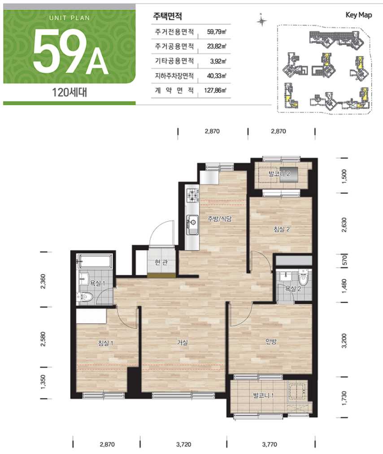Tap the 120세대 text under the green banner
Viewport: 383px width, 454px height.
click(x=70, y=92)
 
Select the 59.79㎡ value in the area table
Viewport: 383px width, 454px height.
click(x=216, y=32)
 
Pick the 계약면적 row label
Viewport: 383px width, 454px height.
click(x=174, y=90)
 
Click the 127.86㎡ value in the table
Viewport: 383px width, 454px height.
click(x=215, y=90)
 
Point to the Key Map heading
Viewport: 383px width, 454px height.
click(x=359, y=15)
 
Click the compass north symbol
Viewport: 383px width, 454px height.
click(x=262, y=20)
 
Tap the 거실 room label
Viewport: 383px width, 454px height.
click(x=183, y=343)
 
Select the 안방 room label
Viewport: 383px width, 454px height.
click(x=271, y=341)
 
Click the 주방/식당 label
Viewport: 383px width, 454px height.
click(x=220, y=218)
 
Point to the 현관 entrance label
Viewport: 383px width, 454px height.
click(x=161, y=262)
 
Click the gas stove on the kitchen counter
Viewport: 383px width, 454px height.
click(x=192, y=196)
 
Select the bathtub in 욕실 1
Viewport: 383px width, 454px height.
click(x=94, y=261)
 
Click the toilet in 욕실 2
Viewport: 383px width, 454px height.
click(x=303, y=279)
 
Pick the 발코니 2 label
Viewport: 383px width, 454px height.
click(x=279, y=174)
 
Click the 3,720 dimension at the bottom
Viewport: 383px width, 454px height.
click(x=183, y=444)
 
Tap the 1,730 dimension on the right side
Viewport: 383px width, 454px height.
click(x=344, y=398)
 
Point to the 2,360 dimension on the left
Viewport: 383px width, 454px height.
click(x=43, y=281)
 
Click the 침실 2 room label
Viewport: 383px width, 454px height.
click(x=281, y=229)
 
